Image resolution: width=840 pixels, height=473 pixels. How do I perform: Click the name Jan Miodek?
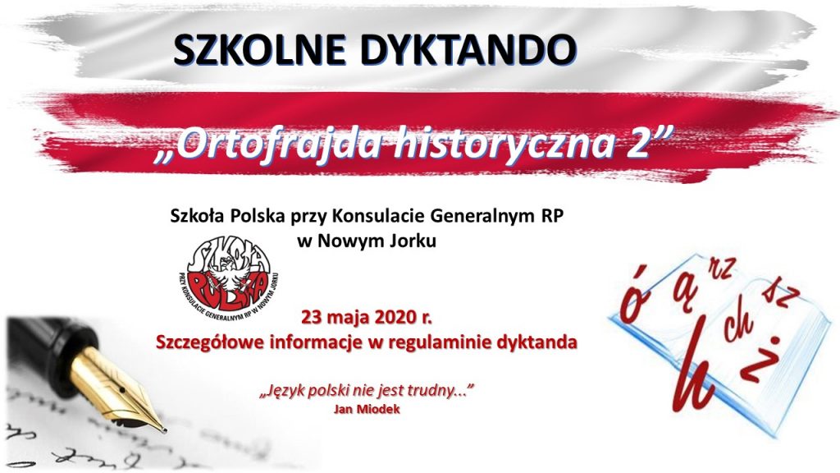click(367, 410)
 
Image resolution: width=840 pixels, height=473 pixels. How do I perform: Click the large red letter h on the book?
click(695, 365)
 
